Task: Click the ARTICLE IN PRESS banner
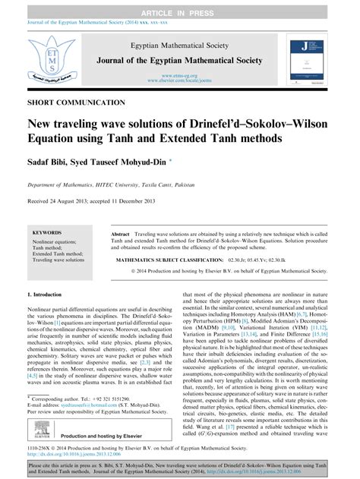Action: pos(180,7)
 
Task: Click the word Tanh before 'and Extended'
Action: pos(129,139)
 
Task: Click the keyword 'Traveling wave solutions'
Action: pos(65,260)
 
